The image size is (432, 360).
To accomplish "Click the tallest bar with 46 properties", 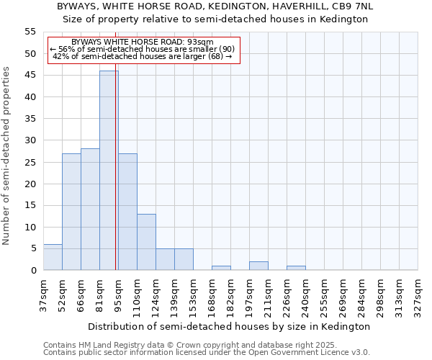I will [x=109, y=170].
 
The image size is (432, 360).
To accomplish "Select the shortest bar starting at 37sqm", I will [x=53, y=257].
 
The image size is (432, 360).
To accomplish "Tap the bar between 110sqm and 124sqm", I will [x=146, y=242].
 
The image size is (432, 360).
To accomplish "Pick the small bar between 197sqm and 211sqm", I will [x=258, y=266].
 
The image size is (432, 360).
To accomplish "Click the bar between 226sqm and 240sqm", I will [x=296, y=268].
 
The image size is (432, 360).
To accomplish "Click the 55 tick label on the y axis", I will [x=30, y=32].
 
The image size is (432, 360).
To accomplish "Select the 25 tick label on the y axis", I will [x=30, y=162].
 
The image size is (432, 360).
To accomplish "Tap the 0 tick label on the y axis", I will [x=33, y=271].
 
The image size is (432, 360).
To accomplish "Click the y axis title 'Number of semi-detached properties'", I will [x=7, y=156].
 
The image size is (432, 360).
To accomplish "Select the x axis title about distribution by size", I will [x=230, y=326].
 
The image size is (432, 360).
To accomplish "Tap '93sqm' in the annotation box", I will [x=199, y=42].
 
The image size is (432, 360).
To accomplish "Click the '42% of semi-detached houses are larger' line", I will [x=143, y=56].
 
